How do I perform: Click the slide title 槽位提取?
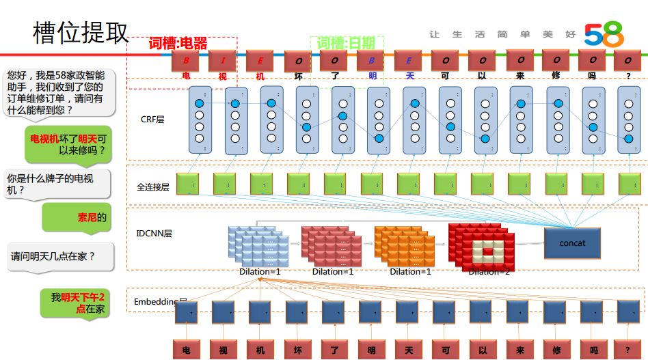pos(80,33)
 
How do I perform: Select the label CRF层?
pos(152,120)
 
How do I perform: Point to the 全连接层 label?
pos(152,186)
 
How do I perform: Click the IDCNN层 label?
pos(154,234)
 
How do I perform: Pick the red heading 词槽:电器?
pos(178,44)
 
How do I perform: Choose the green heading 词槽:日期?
pos(346,43)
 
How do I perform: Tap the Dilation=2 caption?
pos(489,271)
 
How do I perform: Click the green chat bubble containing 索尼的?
pos(77,218)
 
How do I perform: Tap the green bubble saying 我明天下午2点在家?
pos(77,303)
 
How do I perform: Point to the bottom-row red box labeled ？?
pos(627,349)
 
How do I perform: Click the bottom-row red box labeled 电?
pos(185,349)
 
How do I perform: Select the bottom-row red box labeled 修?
pos(555,349)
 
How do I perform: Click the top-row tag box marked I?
pos(222,61)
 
